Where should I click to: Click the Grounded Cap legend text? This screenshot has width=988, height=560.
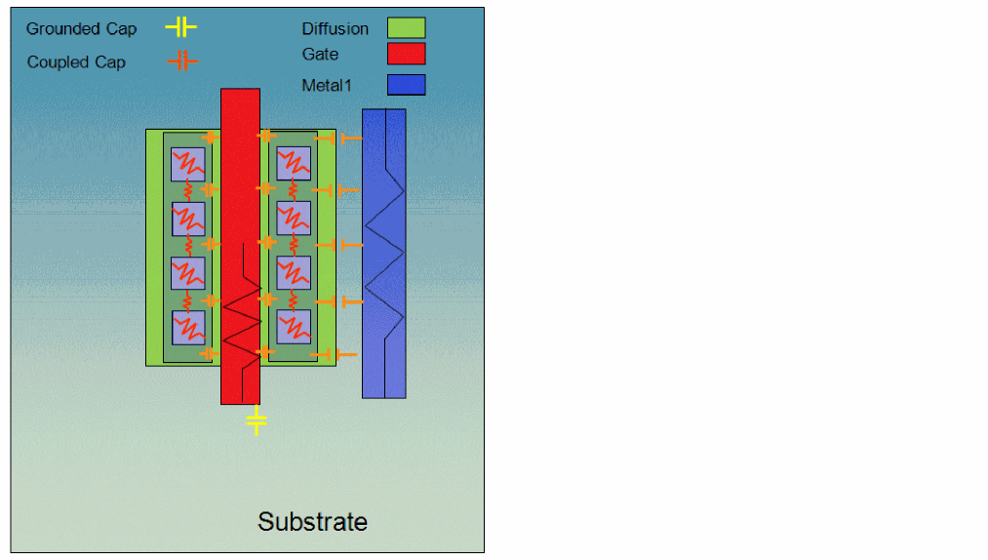(81, 29)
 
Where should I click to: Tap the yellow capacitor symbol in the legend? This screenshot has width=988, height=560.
(180, 27)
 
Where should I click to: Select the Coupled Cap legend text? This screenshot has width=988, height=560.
(76, 62)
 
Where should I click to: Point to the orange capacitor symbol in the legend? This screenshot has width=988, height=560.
(181, 61)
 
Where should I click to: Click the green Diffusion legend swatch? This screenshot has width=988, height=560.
(406, 27)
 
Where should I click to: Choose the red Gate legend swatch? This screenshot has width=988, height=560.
(406, 54)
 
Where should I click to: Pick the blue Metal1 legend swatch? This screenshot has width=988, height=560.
(406, 85)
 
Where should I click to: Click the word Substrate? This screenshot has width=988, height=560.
(312, 521)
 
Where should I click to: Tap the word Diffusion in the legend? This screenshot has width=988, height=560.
(335, 28)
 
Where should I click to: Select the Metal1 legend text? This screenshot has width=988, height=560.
(325, 86)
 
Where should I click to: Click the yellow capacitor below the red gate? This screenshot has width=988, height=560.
(256, 420)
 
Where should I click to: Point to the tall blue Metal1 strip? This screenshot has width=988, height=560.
(383, 254)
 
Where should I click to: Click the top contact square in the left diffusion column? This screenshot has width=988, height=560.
(188, 164)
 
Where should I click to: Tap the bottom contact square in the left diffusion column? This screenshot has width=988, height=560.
(188, 327)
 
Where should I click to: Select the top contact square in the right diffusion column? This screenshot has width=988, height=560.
(294, 164)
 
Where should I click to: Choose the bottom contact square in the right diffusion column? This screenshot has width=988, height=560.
(294, 327)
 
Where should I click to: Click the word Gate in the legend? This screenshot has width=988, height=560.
(320, 55)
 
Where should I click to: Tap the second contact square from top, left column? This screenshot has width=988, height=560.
(188, 219)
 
